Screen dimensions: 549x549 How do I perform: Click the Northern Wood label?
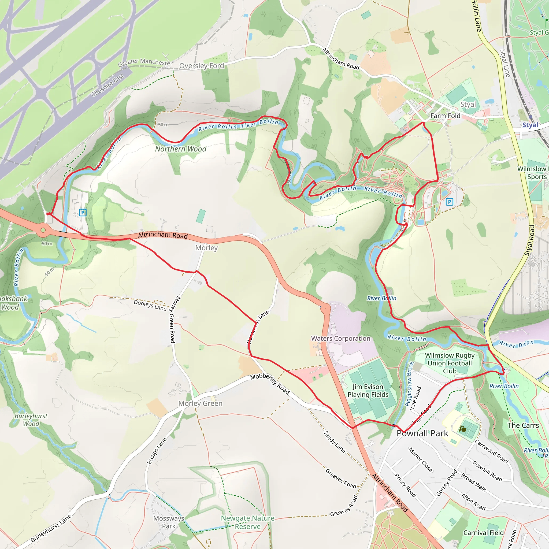(x=181, y=149)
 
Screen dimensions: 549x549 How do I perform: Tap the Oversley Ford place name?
(x=202, y=66)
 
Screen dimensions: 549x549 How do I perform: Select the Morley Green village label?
(x=200, y=403)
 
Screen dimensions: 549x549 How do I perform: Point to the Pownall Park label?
(x=422, y=433)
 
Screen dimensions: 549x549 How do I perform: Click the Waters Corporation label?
(x=341, y=339)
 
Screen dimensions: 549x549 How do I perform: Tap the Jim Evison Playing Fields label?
(x=368, y=391)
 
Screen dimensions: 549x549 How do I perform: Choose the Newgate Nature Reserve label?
(x=248, y=522)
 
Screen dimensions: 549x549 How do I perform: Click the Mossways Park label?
(x=169, y=522)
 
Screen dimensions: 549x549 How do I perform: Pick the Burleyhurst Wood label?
(x=31, y=420)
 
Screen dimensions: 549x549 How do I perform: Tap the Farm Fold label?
(x=445, y=116)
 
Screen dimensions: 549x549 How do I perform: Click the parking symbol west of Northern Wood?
(x=83, y=213)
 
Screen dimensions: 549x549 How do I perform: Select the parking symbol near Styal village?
(x=449, y=202)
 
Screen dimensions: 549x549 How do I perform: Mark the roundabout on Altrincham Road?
(x=43, y=230)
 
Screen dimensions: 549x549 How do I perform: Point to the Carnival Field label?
(x=483, y=533)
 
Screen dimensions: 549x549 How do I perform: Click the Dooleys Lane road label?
(x=150, y=305)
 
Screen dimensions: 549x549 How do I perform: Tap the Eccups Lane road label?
(x=157, y=451)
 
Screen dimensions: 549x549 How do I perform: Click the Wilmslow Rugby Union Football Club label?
(x=450, y=363)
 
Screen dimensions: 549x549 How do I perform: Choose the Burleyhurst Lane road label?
(x=51, y=528)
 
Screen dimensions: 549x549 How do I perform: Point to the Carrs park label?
(x=523, y=425)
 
